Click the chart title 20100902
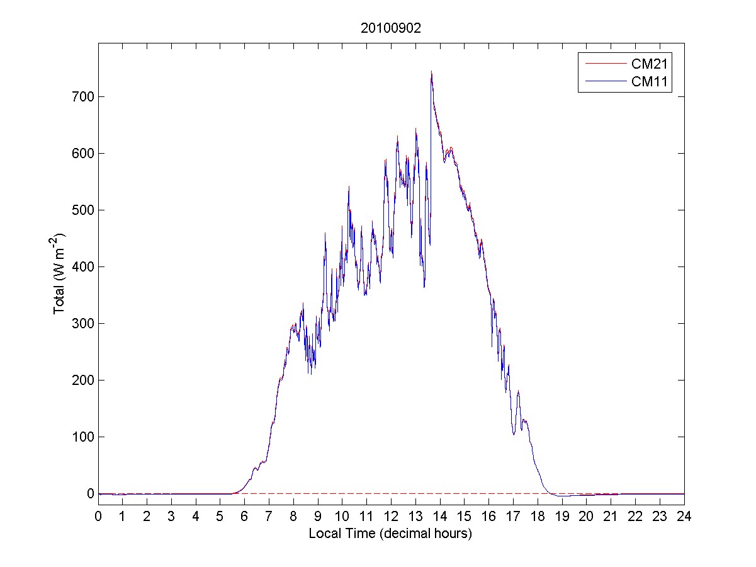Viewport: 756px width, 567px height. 390,28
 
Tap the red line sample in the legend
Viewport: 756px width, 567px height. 604,64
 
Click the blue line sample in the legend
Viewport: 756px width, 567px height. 604,81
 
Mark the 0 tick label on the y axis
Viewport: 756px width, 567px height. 89,493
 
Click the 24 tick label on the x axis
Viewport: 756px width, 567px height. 684,517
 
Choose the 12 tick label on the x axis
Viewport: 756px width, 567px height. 392,517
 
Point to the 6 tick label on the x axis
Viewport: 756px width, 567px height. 245,517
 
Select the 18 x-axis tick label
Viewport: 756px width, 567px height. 538,517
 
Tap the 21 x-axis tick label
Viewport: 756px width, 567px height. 611,517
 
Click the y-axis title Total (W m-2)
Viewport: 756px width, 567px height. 60,273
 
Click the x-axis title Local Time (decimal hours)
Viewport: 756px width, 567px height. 390,534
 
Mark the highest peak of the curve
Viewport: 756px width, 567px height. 431,72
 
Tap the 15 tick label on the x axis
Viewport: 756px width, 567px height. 465,517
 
